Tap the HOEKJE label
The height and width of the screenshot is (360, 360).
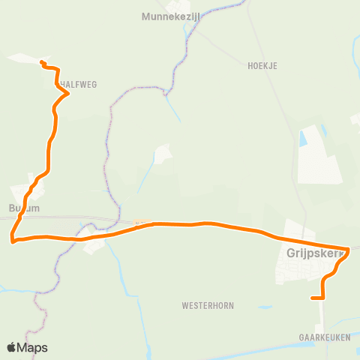(x=262, y=66)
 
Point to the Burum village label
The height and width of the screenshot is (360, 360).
(x=23, y=208)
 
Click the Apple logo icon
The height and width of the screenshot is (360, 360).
(x=12, y=347)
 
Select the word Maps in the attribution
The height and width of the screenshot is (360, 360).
(x=34, y=347)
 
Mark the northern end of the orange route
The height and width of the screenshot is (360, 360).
(x=41, y=62)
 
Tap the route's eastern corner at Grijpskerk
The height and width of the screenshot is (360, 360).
(x=349, y=249)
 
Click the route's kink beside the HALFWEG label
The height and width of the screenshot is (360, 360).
(x=68, y=94)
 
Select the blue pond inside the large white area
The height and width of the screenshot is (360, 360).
(x=303, y=138)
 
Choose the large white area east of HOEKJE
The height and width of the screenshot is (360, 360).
(x=319, y=154)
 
